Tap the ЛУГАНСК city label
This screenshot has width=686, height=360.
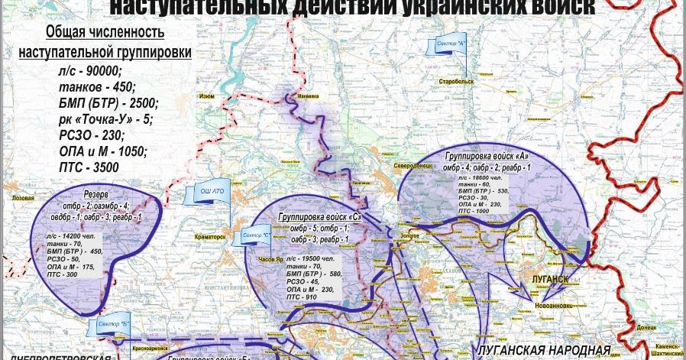coord(548,279)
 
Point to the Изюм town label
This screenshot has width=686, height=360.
coord(207,97)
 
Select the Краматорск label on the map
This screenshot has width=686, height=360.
coord(210,237)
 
